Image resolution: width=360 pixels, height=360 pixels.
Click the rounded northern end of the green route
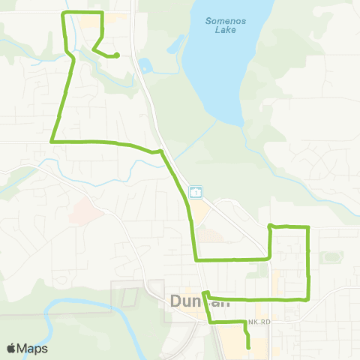pyautogui.click(x=118, y=55)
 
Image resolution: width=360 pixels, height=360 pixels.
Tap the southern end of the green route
pyautogui.click(x=247, y=347)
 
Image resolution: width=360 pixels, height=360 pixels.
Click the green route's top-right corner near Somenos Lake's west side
pyautogui.click(x=101, y=13)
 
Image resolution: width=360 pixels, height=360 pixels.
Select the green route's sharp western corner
pyautogui.click(x=51, y=140)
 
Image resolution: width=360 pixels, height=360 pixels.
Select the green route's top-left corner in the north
pyautogui.click(x=62, y=13)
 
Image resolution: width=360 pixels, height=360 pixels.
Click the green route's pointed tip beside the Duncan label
pyautogui.click(x=203, y=293)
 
